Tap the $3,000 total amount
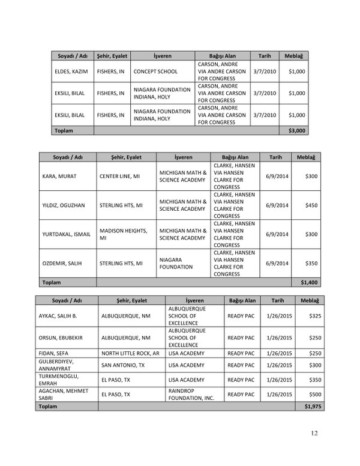296,130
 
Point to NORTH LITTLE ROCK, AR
130,353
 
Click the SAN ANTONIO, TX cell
123,365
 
